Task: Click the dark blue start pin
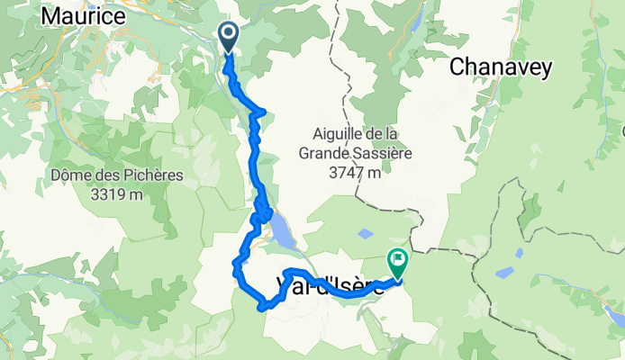click(x=227, y=37)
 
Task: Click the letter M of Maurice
click(x=50, y=15)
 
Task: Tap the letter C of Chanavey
click(x=457, y=67)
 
